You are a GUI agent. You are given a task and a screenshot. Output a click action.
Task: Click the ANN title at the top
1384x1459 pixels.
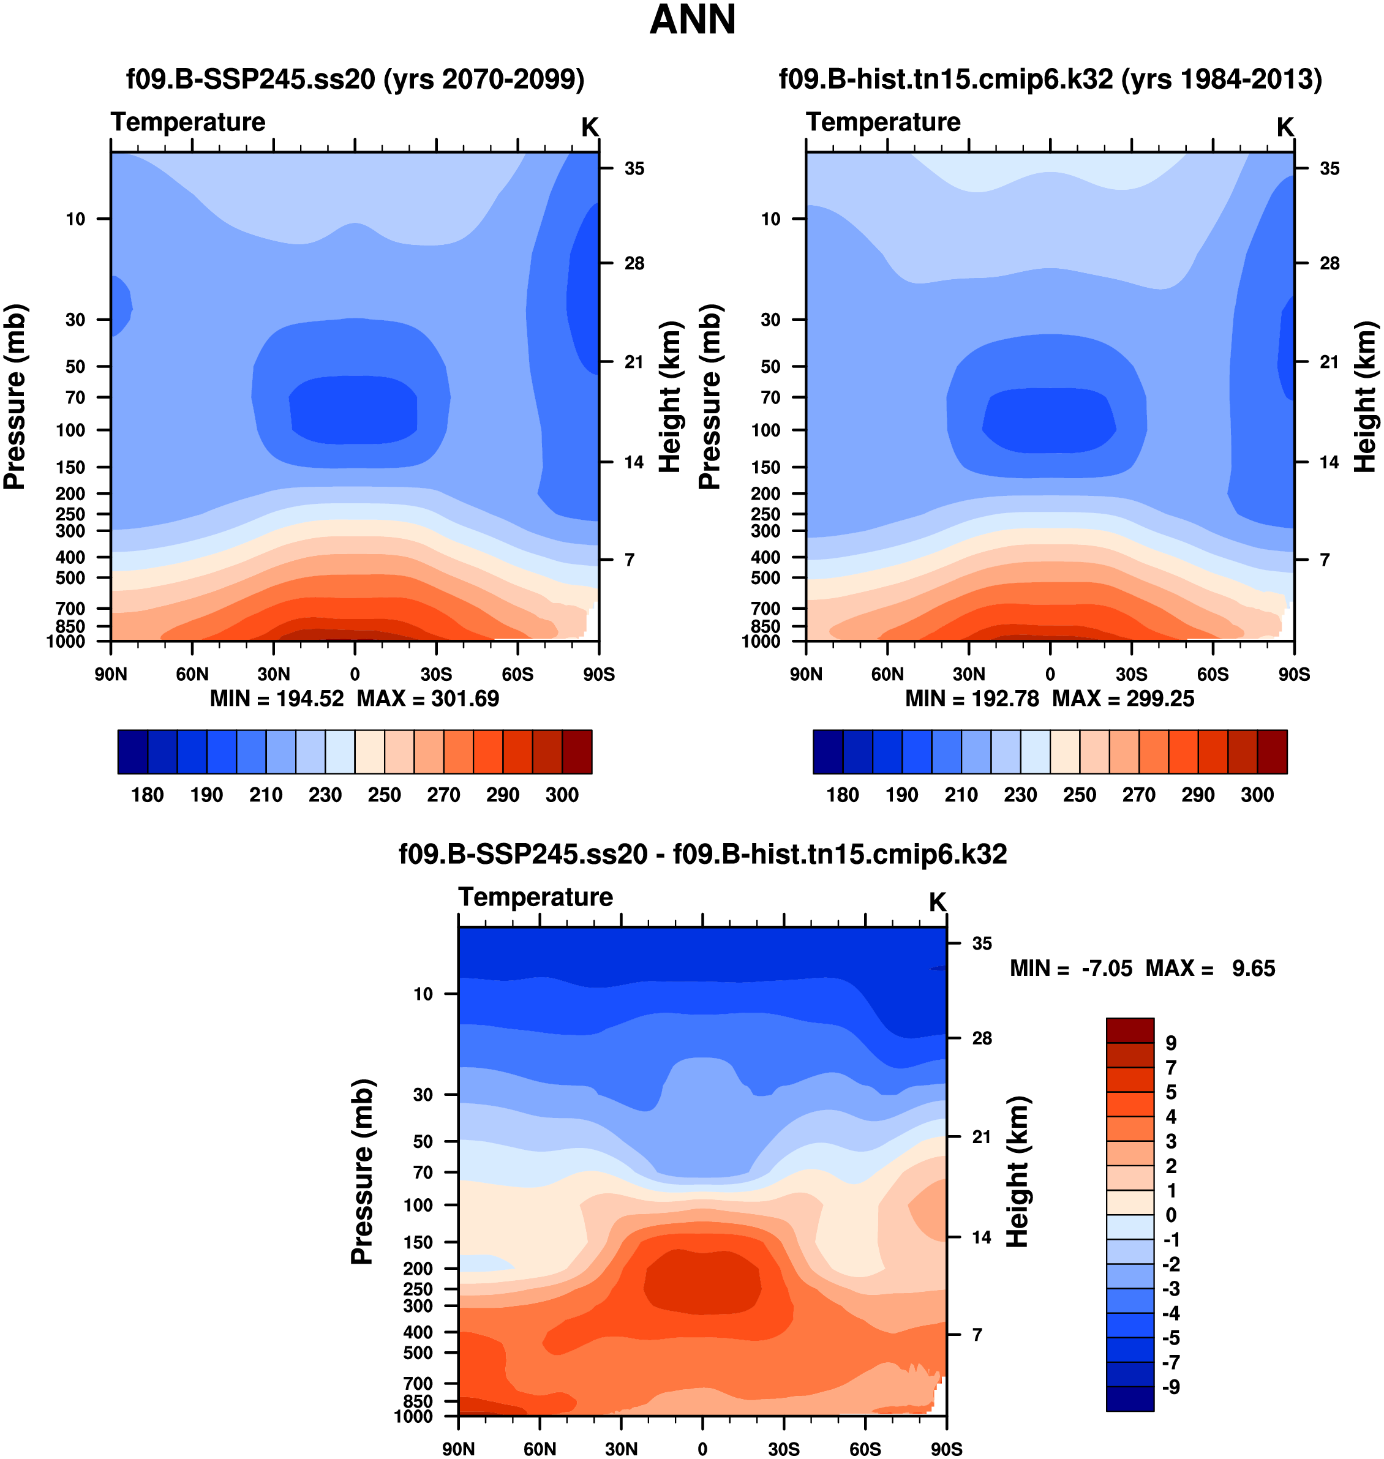692,20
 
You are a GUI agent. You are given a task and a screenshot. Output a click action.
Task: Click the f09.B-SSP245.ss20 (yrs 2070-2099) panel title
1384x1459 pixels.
355,79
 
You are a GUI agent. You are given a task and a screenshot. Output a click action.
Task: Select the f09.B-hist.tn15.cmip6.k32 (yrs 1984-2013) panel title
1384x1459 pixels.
1050,79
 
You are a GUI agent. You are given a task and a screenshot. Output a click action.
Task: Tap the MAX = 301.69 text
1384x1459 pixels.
428,699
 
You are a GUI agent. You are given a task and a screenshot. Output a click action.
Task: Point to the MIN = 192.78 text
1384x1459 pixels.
972,699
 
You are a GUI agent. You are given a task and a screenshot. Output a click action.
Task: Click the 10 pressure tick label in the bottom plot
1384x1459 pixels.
423,994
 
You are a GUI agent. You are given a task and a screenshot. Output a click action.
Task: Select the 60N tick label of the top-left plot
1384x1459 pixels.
192,674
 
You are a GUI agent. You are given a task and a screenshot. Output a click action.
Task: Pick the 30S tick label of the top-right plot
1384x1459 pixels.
1131,674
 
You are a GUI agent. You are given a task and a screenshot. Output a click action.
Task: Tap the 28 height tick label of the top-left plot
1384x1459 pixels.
634,263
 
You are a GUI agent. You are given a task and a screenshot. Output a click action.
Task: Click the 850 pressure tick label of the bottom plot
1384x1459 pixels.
418,1401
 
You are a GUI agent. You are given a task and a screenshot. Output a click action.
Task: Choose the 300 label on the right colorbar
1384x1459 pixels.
1257,795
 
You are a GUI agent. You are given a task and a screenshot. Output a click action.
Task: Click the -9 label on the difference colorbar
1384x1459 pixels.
1171,1387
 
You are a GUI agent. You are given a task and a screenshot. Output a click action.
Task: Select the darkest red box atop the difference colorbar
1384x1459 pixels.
1129,1030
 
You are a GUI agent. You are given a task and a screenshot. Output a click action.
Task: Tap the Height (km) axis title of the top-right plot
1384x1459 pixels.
1365,397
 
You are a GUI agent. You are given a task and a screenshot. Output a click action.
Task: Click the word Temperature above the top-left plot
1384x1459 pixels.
188,122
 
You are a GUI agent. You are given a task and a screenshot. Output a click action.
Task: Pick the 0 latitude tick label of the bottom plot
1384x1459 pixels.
702,1449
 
